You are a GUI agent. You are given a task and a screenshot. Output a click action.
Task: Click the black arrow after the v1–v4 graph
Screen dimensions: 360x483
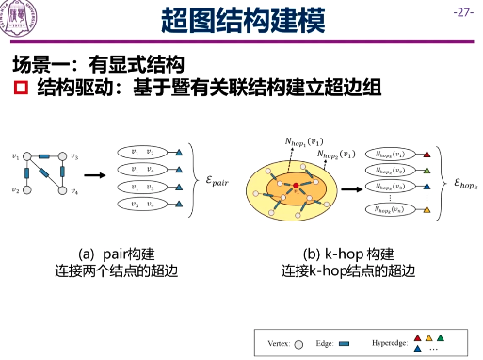point(94,174)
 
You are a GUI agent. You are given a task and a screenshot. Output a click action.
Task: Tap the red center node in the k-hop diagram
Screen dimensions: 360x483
point(296,185)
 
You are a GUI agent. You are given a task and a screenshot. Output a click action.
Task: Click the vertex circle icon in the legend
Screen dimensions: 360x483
point(299,343)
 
